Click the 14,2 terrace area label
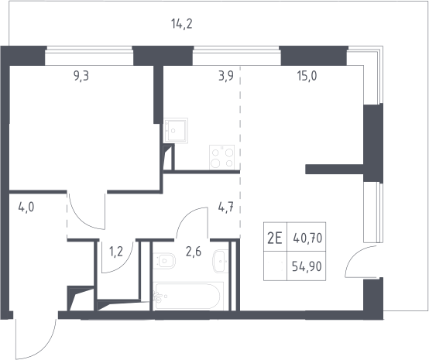[x=182, y=24]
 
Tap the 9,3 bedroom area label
[x=81, y=76]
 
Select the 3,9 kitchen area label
[x=226, y=76]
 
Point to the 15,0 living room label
[x=307, y=76]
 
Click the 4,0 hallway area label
[x=26, y=207]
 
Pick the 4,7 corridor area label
[x=225, y=207]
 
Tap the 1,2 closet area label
[x=116, y=252]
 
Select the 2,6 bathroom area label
[x=194, y=252]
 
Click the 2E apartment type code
[x=275, y=238]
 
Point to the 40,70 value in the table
[x=307, y=238]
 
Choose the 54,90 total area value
[x=307, y=266]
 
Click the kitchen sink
[x=176, y=130]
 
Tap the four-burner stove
[x=222, y=157]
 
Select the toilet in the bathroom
[x=164, y=261]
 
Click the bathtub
[x=188, y=297]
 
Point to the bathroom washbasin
[x=220, y=261]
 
